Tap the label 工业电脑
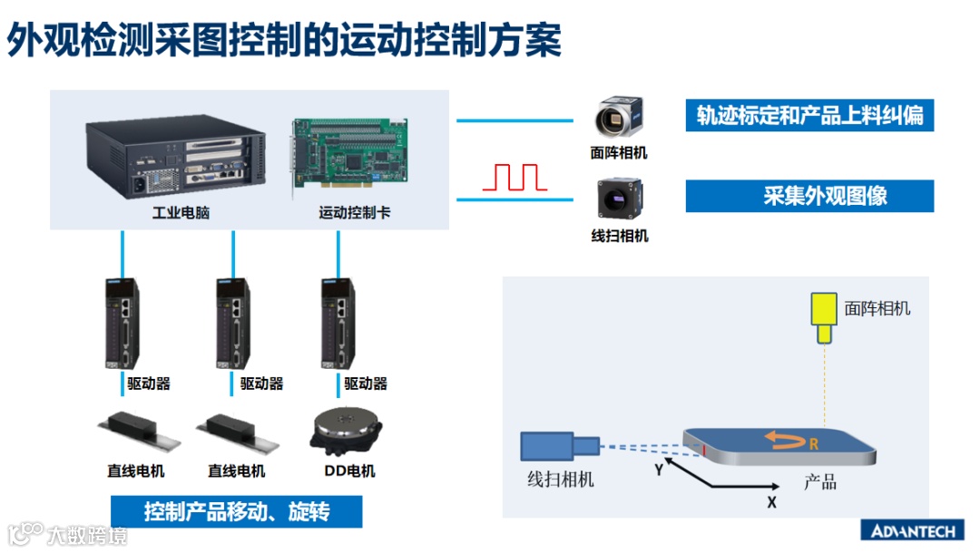[175, 214]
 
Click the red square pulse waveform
[514, 177]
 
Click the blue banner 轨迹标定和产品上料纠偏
[809, 116]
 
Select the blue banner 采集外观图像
[809, 196]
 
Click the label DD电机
[349, 471]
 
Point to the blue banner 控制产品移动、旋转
[236, 512]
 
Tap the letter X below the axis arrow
[771, 501]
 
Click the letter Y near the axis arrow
[659, 471]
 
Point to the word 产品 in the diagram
[819, 481]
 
